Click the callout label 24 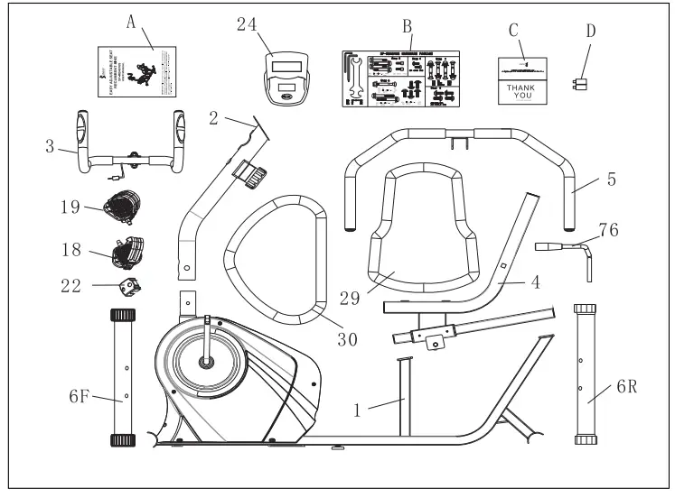pyautogui.click(x=248, y=24)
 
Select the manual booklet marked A pyautogui.click(x=136, y=69)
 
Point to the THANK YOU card pyautogui.click(x=524, y=80)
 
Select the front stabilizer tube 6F pyautogui.click(x=122, y=377)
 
